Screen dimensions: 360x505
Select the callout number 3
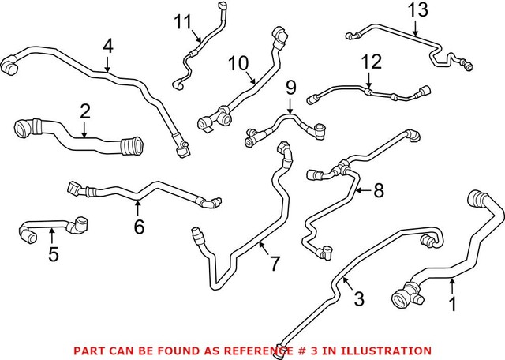coord(358,299)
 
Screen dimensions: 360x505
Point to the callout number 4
coord(107,47)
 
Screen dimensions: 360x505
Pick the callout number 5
coord(53,254)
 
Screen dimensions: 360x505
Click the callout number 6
coord(139,227)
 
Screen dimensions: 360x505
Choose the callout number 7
coord(274,264)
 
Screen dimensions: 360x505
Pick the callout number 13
coord(416,10)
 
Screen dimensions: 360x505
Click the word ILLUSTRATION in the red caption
coord(390,350)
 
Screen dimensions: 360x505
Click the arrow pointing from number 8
coord(361,190)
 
